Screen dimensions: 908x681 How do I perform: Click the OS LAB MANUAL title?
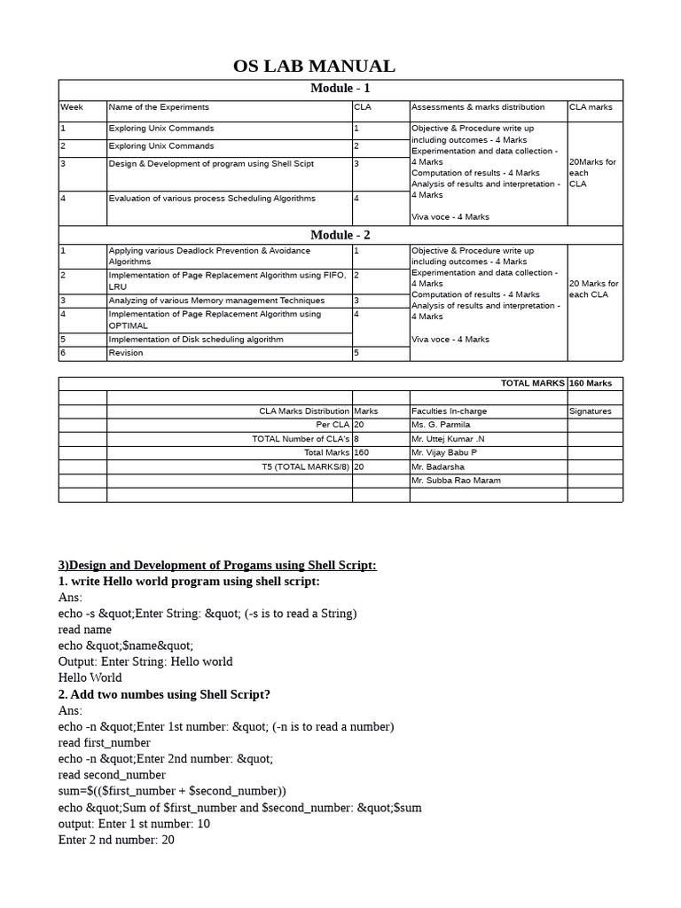314,67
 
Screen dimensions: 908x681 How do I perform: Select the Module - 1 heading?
340,88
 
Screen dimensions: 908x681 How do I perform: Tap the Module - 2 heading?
340,235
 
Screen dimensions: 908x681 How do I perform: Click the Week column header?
72,107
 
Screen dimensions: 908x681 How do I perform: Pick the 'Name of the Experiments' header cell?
159,107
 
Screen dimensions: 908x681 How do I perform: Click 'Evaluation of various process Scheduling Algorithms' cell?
211,199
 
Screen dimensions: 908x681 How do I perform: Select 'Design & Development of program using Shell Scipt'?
210,164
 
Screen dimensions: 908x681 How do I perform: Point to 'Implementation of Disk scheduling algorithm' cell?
196,340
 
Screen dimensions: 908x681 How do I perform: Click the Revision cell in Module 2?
125,353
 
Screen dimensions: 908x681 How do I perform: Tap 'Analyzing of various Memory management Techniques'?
216,301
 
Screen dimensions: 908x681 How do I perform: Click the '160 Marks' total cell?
591,384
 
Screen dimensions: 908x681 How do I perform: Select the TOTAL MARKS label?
532,384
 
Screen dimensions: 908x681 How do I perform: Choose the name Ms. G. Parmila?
441,426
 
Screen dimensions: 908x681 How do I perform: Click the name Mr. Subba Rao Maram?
456,481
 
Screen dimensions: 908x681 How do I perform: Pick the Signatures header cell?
591,411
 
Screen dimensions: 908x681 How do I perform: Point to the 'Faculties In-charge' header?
449,411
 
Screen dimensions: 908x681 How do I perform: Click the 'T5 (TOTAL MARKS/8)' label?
301,466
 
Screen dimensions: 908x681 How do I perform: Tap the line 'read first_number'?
105,743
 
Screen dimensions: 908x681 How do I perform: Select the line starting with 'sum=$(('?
172,791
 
